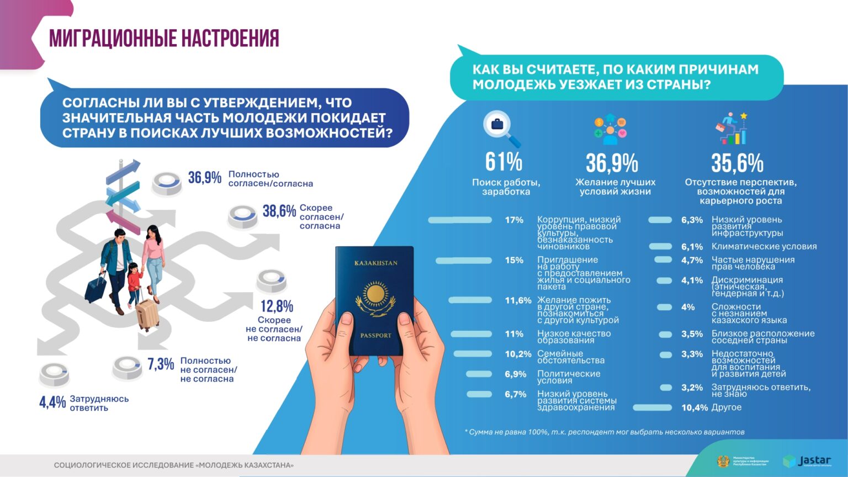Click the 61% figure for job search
click(504, 162)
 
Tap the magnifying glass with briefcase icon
click(500, 127)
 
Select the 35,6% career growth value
click(737, 163)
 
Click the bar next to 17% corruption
click(460, 220)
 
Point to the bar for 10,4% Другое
click(652, 408)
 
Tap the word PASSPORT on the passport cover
click(375, 335)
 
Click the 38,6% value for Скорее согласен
click(279, 211)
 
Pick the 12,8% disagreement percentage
click(277, 306)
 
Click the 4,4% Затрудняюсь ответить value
click(52, 402)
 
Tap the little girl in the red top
click(134, 281)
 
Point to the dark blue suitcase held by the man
click(96, 287)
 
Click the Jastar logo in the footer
click(807, 461)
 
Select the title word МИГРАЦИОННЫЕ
click(112, 39)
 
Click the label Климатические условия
click(764, 247)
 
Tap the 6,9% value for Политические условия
click(515, 374)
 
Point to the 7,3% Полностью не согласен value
click(160, 364)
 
